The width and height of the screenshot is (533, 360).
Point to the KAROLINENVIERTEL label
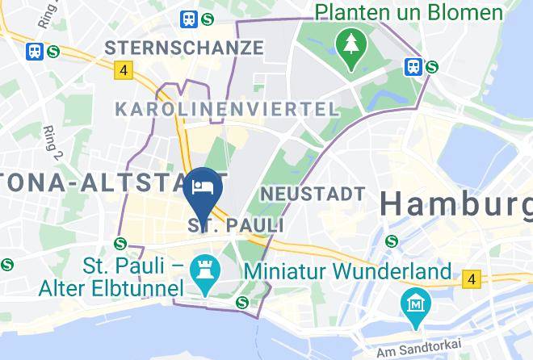[x=226, y=109]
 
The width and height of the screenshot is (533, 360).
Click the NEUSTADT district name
[x=313, y=194]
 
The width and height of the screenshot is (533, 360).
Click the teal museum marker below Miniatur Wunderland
[x=417, y=304]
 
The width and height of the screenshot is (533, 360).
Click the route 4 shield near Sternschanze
[x=123, y=71]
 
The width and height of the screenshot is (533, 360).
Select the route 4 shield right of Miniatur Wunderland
[x=471, y=280]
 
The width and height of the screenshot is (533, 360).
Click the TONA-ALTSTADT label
[x=112, y=182]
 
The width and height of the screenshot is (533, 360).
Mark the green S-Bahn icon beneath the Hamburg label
[x=392, y=240]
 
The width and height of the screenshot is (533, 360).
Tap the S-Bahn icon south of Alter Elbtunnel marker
[x=241, y=303]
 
